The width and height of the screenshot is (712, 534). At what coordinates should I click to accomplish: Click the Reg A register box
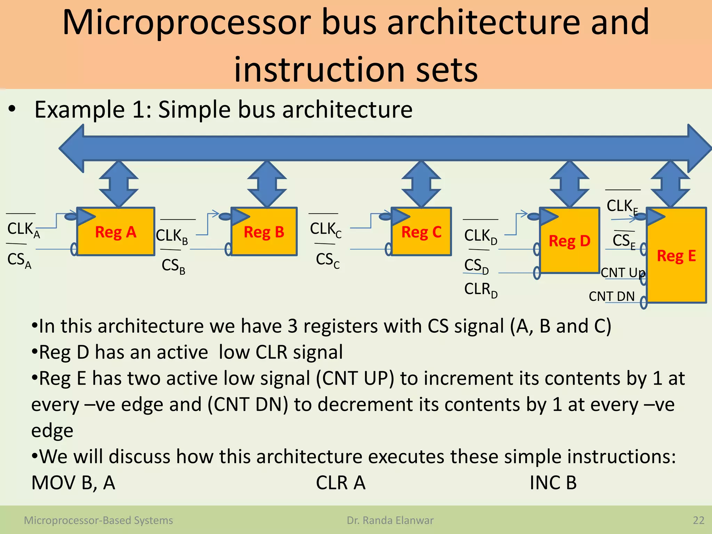115,232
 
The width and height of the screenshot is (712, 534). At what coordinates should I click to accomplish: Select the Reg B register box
264,232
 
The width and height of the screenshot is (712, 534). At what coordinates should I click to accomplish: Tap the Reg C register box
421,232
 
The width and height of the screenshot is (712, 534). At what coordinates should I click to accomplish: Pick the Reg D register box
569,241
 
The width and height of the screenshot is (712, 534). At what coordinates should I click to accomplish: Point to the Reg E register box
676,256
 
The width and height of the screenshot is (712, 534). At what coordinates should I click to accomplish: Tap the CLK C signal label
325,230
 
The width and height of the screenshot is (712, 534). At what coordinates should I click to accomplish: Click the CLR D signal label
480,290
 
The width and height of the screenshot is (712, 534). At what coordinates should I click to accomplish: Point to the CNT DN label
612,296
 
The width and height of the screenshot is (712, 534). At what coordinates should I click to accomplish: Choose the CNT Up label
622,273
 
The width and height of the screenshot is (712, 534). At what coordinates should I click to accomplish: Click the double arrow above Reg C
421,184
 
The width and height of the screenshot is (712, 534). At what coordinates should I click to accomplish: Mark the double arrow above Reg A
119,184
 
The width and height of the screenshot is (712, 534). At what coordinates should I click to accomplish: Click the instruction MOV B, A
73,483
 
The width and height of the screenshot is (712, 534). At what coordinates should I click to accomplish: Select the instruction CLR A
340,483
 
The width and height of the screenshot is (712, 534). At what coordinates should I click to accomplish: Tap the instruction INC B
553,483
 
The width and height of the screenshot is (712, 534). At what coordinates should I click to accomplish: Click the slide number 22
698,520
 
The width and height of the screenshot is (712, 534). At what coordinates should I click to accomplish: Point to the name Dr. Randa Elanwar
390,520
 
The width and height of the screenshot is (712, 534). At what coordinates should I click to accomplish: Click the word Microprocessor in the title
186,23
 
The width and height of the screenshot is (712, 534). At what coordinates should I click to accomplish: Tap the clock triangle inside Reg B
240,217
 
